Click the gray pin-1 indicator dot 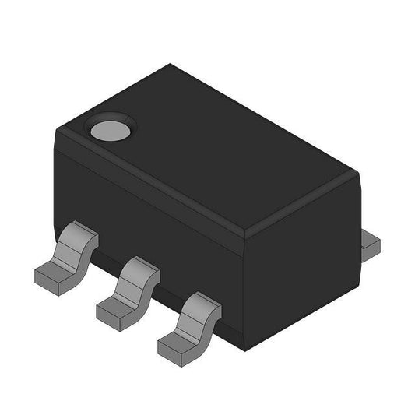pos(108,130)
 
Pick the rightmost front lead pos(189,323)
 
